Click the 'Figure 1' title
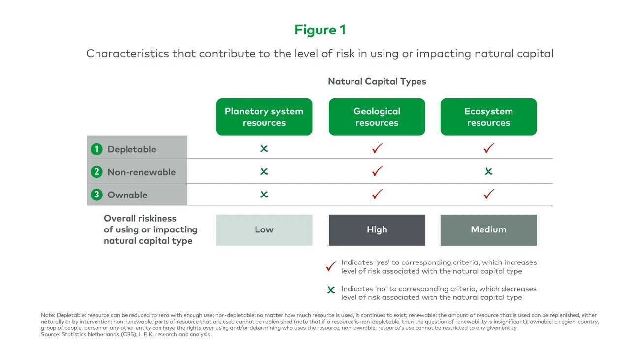tap(320, 30)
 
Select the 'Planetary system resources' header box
tap(264, 117)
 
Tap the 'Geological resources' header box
tap(377, 117)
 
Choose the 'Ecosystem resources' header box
tap(488, 117)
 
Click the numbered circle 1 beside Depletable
tap(96, 149)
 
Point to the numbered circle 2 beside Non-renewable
tap(96, 172)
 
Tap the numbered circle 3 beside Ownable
tap(96, 195)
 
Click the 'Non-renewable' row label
tap(141, 172)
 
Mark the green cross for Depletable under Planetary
tap(264, 148)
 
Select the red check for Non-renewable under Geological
tap(377, 171)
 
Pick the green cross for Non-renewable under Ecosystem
tap(488, 171)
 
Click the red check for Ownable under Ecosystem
tap(488, 194)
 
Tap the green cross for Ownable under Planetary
tap(264, 195)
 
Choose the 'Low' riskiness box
tap(264, 229)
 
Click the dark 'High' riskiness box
tap(377, 229)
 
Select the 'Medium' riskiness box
tap(488, 229)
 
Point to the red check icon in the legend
tap(331, 266)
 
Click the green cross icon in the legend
tap(331, 290)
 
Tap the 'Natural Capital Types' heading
tap(377, 81)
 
